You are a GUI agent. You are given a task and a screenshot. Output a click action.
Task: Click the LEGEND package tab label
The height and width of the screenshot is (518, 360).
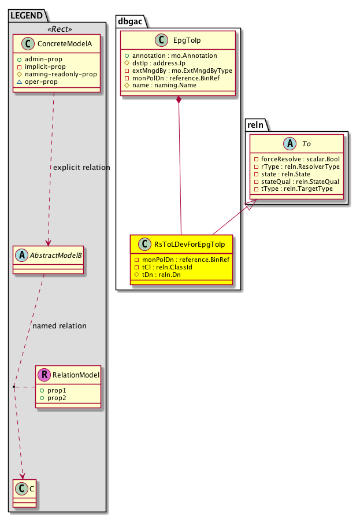(x=24, y=14)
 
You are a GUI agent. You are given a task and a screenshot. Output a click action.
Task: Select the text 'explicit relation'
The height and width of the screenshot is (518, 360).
(x=81, y=168)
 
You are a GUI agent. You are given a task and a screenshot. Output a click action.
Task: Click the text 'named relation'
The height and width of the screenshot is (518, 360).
(x=60, y=326)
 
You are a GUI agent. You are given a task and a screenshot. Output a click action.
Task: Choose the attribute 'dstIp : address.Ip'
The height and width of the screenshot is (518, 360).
(x=154, y=63)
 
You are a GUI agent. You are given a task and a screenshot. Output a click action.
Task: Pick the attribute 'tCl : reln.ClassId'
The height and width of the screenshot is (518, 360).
(x=166, y=268)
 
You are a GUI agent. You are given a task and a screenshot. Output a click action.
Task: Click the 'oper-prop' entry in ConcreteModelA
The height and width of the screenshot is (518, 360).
(x=44, y=82)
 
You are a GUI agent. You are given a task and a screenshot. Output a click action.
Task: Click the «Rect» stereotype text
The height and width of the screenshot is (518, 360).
(x=57, y=29)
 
